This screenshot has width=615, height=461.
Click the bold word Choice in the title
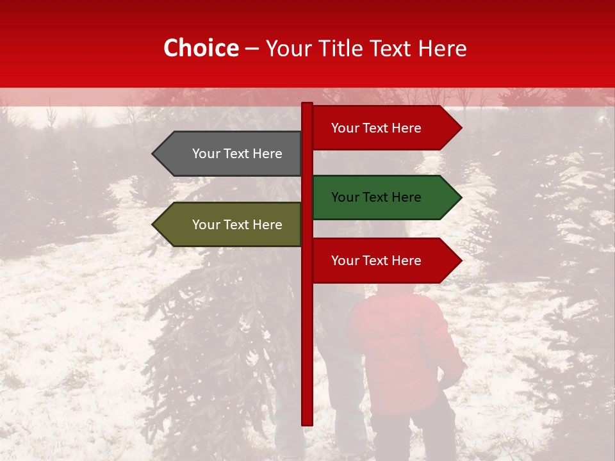[x=201, y=48]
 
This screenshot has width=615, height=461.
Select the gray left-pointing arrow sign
[x=231, y=154]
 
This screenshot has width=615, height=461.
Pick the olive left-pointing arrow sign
[x=231, y=225]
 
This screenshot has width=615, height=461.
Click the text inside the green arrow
[x=376, y=197]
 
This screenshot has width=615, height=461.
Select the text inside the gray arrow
[x=237, y=154]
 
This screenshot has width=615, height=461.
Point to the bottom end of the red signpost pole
[x=307, y=423]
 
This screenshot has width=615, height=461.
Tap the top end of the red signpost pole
[x=307, y=105]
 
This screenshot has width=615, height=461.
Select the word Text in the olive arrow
[x=237, y=225]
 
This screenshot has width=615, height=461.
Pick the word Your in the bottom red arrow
[x=345, y=261]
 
